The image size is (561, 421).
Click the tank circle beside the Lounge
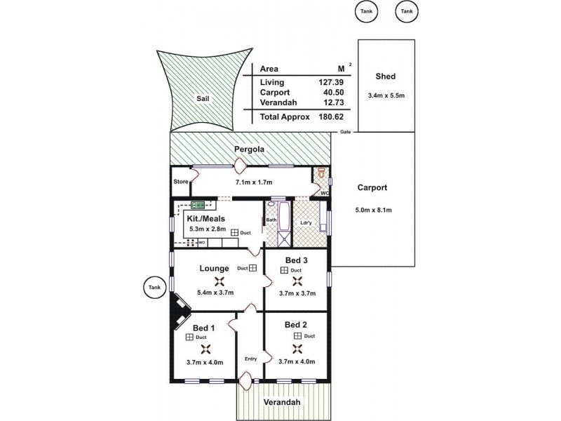click(x=154, y=286)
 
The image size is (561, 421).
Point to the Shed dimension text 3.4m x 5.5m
click(x=386, y=95)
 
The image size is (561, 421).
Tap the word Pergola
click(x=250, y=149)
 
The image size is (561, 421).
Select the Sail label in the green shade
click(x=203, y=100)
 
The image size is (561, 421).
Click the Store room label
click(x=180, y=182)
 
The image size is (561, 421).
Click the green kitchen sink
click(x=198, y=206)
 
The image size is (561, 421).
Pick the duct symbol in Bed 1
click(x=190, y=338)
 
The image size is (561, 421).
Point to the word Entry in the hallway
click(x=250, y=359)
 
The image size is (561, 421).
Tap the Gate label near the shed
click(x=345, y=132)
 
